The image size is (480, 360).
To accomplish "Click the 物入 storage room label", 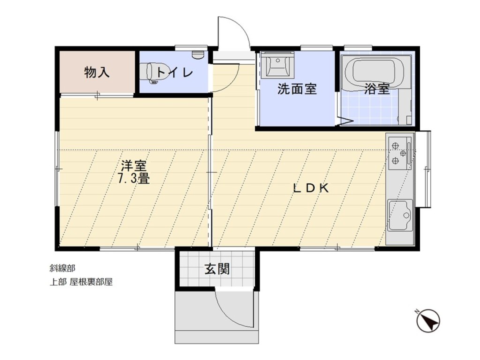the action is pos(97,73).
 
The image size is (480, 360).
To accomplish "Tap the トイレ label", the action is pos(175,73).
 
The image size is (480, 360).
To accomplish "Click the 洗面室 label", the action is pos(297,89).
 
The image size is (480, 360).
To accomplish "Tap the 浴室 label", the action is pos(377,89).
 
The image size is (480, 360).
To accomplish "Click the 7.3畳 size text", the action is pos(134,178).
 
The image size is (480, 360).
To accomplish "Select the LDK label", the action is pos(311,188).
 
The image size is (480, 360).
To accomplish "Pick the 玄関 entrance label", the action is pos(217,269).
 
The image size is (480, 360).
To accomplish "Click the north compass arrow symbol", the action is pos(428,321).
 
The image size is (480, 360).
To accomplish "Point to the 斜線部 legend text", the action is pos(62,269).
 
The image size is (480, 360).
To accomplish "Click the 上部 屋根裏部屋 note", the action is pos(81,282).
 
